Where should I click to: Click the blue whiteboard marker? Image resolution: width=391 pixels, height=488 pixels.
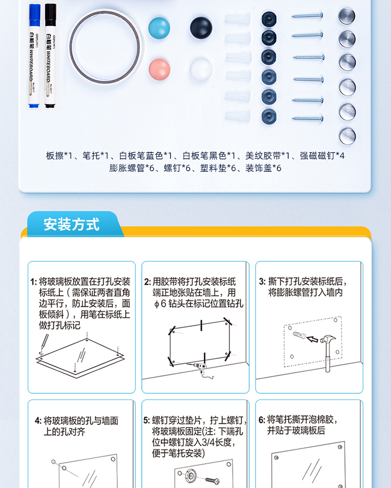pyautogui.click(x=34, y=56)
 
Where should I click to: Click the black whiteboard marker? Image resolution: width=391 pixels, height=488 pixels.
pyautogui.click(x=50, y=56)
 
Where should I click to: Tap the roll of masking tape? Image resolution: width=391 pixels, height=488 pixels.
pyautogui.click(x=105, y=47)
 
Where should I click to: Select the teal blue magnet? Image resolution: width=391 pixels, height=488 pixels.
pyautogui.click(x=159, y=28)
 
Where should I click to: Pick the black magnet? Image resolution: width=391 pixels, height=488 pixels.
pyautogui.click(x=201, y=28)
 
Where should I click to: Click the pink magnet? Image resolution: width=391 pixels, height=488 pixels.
pyautogui.click(x=160, y=69)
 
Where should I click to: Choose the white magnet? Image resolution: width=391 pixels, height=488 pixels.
pyautogui.click(x=201, y=70)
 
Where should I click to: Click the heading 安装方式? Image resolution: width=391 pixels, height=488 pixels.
pyautogui.click(x=71, y=224)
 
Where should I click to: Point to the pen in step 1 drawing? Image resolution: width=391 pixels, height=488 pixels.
pyautogui.click(x=44, y=343)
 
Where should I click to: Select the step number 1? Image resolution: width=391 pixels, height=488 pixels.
pyautogui.click(x=34, y=282)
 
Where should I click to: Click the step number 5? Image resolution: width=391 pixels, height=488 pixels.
pyautogui.click(x=146, y=421)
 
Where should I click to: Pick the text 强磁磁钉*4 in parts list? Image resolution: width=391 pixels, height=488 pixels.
pyautogui.click(x=322, y=156)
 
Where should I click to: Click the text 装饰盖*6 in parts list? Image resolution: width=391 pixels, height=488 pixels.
pyautogui.click(x=263, y=168)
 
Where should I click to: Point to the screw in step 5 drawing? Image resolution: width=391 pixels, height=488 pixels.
pyautogui.click(x=213, y=481)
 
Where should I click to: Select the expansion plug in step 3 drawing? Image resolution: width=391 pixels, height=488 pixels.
pyautogui.click(x=299, y=335)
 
